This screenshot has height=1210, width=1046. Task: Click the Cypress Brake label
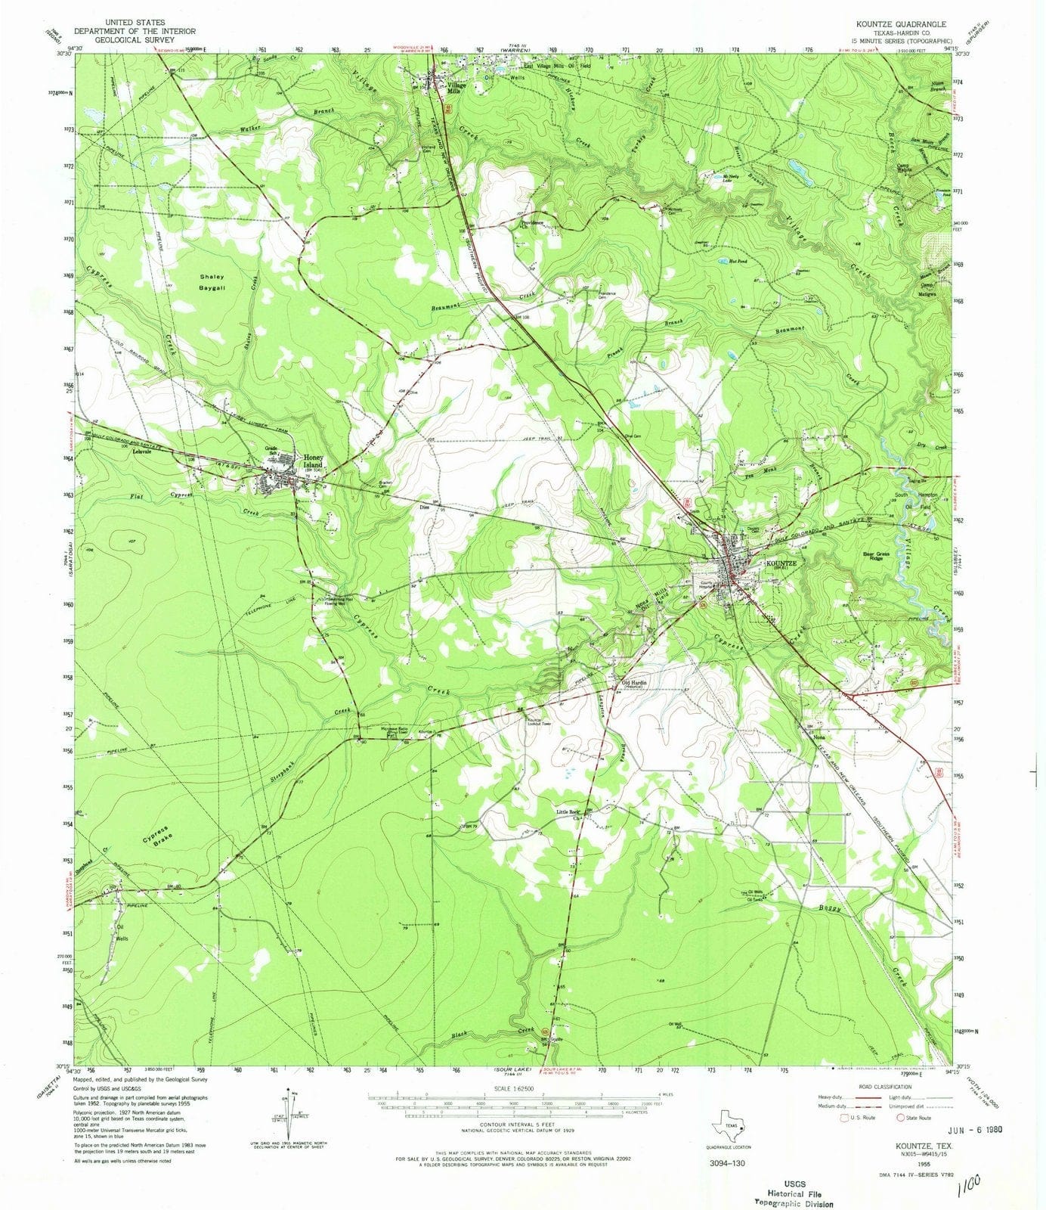[157, 833]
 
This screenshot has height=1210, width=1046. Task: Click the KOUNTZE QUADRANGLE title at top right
[899, 23]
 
